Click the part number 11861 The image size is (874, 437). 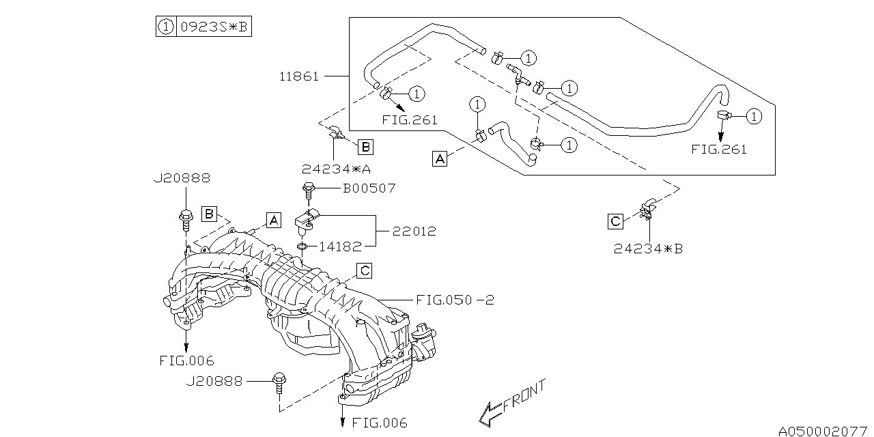[300, 76]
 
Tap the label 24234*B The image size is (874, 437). [647, 249]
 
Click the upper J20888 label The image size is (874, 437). [181, 178]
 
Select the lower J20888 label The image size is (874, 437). [214, 382]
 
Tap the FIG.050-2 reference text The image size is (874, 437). [453, 300]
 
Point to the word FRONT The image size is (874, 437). [526, 397]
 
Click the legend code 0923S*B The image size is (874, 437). [213, 27]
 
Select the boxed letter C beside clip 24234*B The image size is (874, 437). [615, 221]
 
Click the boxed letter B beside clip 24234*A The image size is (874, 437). [365, 146]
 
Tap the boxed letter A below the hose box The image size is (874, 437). [440, 159]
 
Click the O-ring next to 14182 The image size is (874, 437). [302, 245]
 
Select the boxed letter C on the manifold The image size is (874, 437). [365, 271]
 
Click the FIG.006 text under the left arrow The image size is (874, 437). [186, 361]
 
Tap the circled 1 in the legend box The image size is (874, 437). [165, 27]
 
